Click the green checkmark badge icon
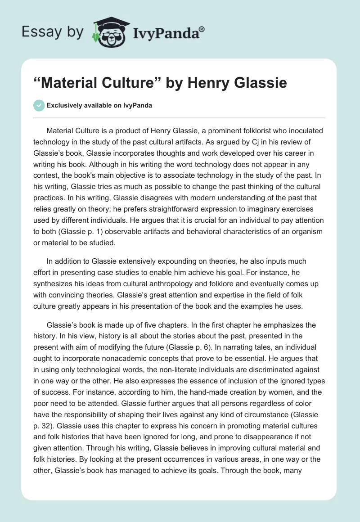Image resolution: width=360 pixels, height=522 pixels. (39, 105)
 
